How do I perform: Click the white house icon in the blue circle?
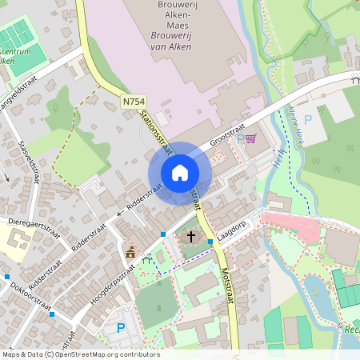179,172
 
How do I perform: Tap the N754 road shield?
134,102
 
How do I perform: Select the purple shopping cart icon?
250,138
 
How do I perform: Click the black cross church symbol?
191,236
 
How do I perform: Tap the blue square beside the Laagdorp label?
210,241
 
